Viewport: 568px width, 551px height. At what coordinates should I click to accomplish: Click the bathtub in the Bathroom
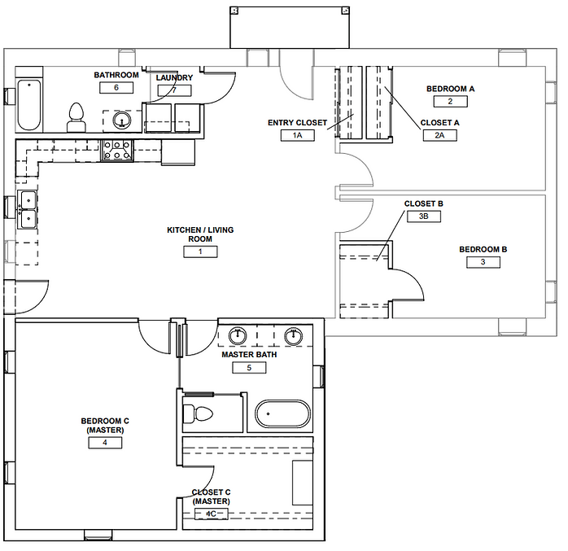29,105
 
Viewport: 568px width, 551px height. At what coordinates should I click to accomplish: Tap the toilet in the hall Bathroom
76,117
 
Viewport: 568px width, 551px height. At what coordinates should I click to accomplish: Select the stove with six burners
117,151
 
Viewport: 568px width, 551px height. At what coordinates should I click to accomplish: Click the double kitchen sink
28,209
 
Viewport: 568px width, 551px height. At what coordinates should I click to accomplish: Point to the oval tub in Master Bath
282,414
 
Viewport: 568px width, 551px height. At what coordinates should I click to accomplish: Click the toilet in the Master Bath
198,413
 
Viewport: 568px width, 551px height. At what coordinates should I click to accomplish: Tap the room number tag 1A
297,135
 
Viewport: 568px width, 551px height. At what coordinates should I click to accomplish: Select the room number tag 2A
439,135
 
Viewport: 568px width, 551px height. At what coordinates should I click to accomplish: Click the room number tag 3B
424,216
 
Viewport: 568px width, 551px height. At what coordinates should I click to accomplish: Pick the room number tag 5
249,368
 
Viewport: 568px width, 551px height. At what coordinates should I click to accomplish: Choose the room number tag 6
116,87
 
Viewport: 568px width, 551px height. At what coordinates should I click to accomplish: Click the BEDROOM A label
450,89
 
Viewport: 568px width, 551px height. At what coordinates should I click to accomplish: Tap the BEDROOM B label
483,249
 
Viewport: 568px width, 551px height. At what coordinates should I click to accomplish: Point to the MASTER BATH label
249,355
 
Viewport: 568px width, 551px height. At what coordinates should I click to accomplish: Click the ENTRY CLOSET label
297,123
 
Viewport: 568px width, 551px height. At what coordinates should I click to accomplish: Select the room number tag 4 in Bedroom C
105,442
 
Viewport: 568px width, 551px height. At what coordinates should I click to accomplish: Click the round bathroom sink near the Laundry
122,120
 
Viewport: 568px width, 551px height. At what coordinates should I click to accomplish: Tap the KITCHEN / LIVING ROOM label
200,234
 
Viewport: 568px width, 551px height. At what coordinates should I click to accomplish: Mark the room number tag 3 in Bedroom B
483,262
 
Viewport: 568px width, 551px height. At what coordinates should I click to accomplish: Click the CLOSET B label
424,203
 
